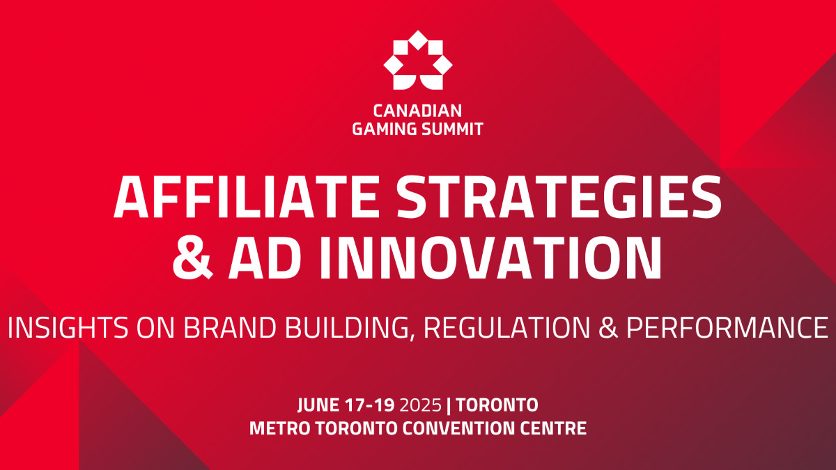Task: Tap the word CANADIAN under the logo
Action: (x=417, y=111)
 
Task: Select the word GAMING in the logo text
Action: (x=385, y=129)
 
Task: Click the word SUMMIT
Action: (x=452, y=129)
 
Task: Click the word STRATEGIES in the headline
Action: (x=559, y=197)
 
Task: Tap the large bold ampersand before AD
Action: (x=193, y=258)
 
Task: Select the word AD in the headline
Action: (x=265, y=258)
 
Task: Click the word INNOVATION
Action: (x=490, y=258)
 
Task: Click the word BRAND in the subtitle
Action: (x=229, y=327)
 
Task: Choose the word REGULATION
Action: (x=507, y=327)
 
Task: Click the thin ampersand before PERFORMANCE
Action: (x=608, y=327)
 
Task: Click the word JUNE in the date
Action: (x=318, y=405)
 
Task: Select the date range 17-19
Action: (x=369, y=405)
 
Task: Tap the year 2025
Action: (x=421, y=405)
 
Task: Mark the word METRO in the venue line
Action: (x=280, y=428)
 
